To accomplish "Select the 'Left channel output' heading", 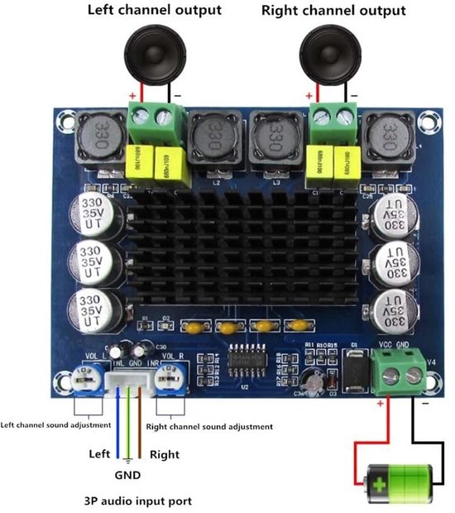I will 155,11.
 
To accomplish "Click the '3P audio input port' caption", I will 138,501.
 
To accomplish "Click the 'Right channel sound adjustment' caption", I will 208,426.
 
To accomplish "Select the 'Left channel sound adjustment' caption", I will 55,424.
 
